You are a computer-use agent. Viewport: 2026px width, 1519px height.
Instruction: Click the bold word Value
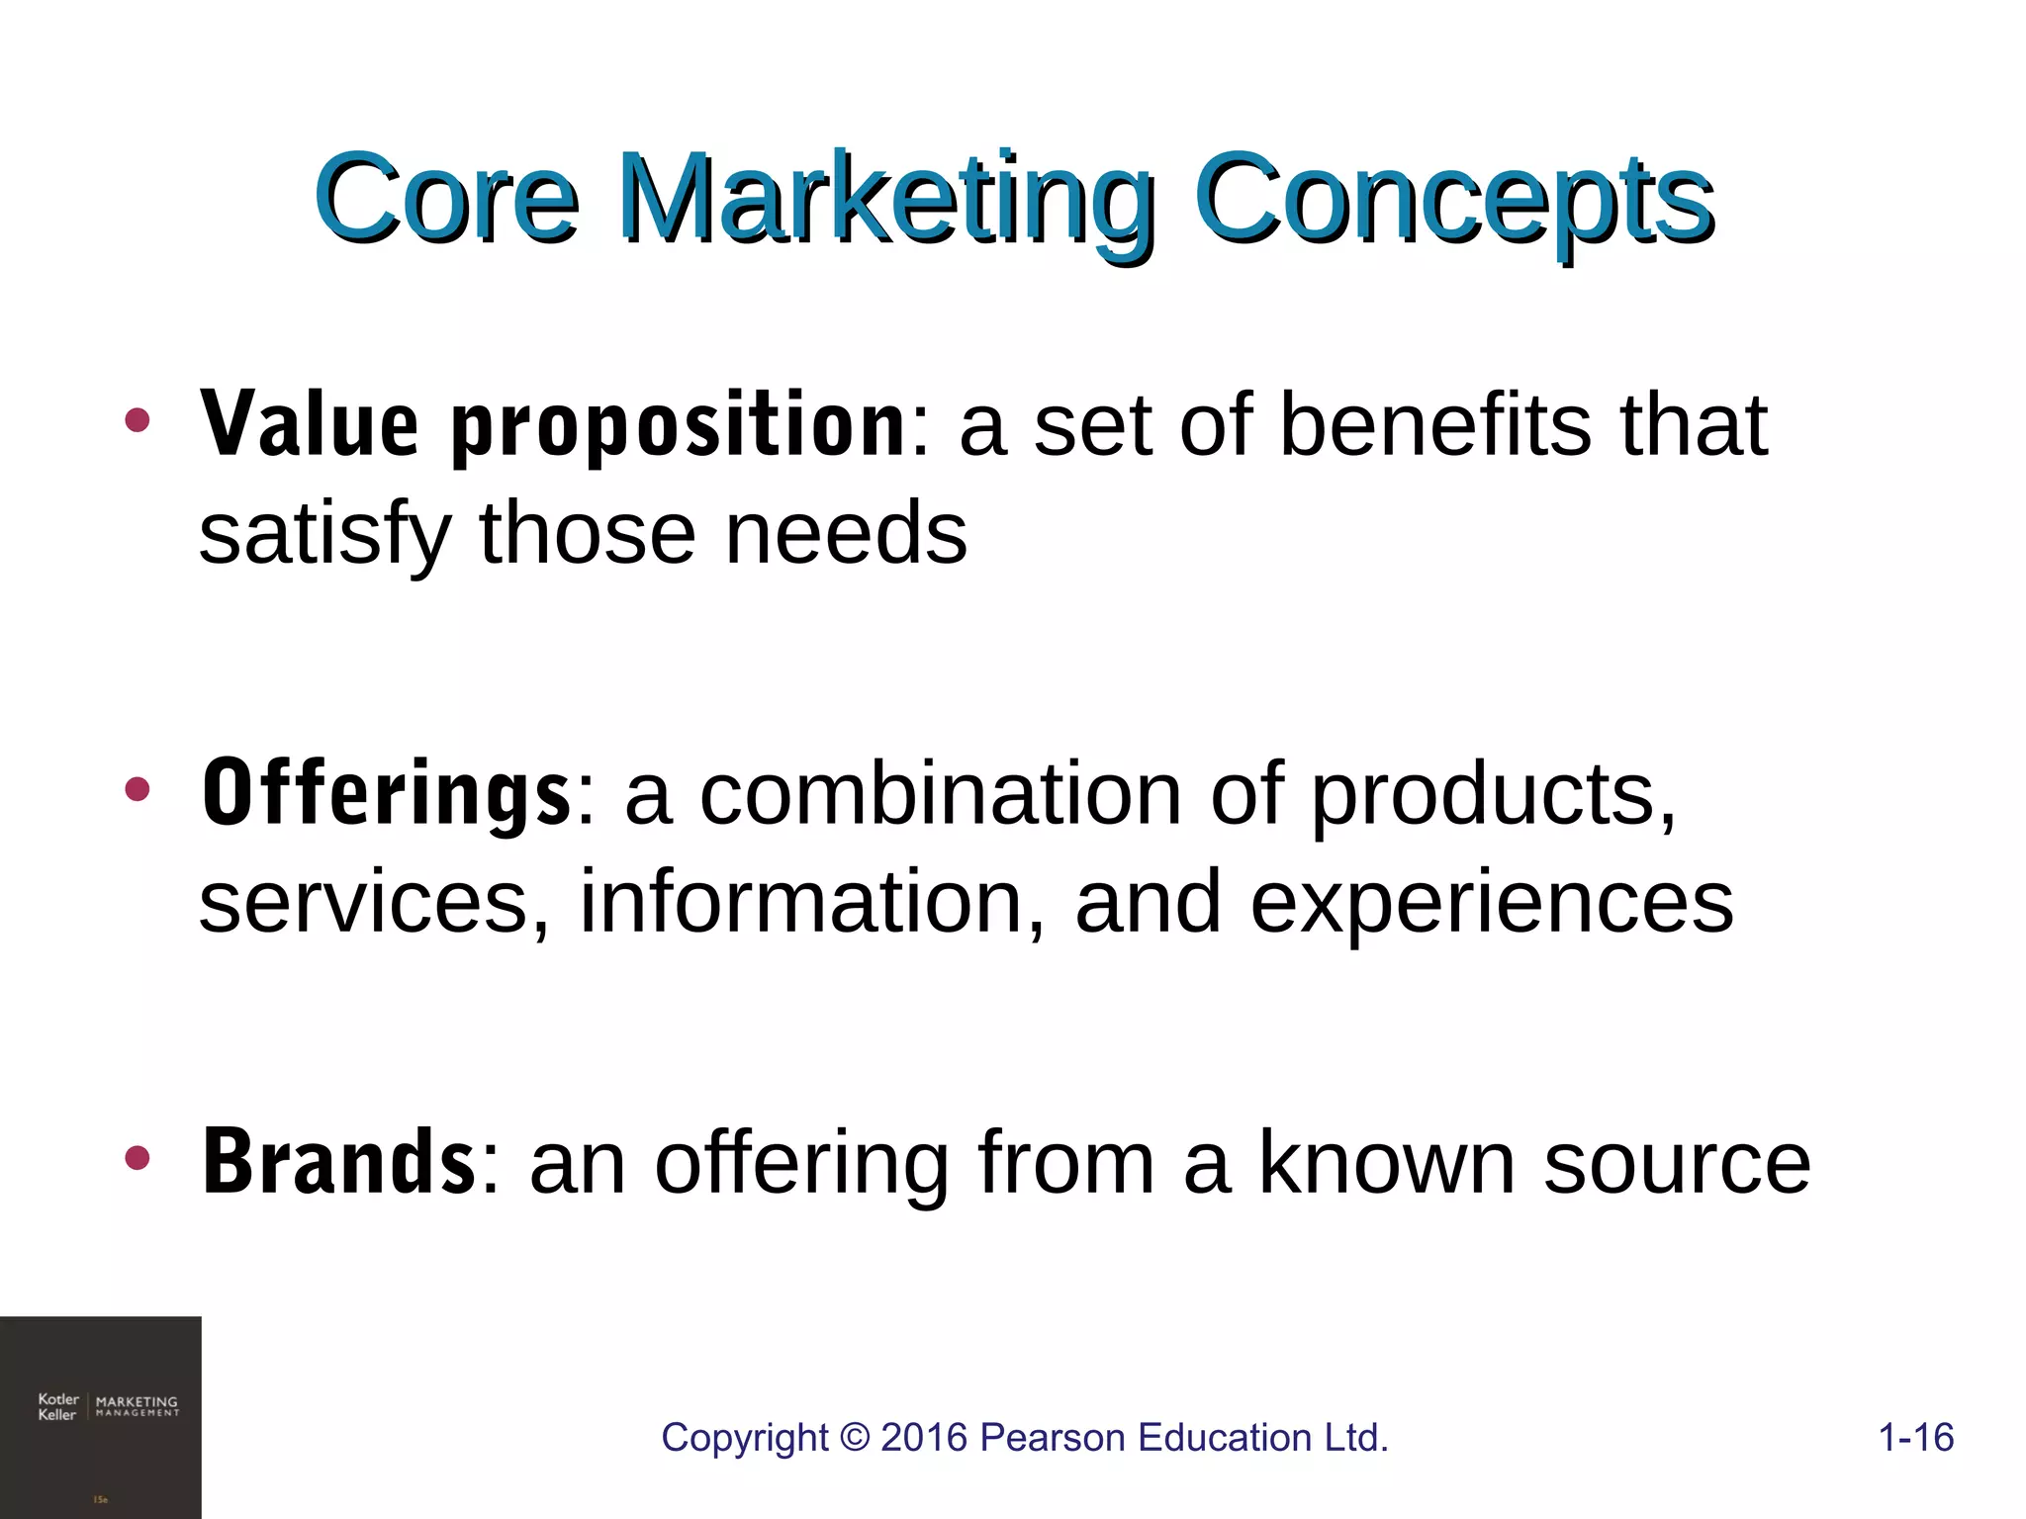(310, 425)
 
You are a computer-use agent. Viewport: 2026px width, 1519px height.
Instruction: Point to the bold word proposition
(679, 427)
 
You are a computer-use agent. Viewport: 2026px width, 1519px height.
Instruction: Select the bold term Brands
(339, 1162)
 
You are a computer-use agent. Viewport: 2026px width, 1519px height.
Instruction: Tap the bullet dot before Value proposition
(138, 420)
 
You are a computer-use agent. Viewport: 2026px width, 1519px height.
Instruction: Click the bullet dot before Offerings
(138, 789)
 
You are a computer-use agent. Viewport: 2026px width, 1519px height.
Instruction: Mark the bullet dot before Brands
(138, 1158)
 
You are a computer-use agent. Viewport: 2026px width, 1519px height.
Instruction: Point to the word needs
(846, 534)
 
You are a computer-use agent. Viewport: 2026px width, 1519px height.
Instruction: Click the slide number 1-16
(1915, 1437)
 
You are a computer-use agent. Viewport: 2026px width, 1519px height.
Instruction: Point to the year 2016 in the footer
(924, 1437)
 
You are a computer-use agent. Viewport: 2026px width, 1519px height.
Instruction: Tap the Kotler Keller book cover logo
(101, 1417)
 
